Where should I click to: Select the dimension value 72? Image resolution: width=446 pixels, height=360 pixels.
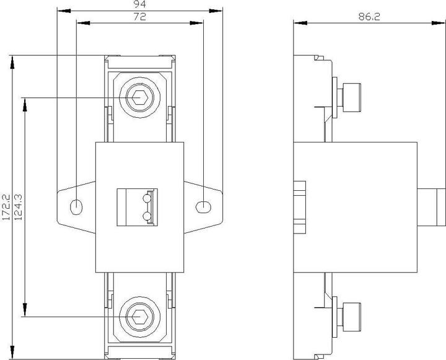[139, 18]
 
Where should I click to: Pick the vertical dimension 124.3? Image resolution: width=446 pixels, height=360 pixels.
[19, 206]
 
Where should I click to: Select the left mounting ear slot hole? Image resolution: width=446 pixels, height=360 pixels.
[76, 206]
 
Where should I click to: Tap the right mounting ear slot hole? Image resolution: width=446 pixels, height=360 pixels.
[203, 206]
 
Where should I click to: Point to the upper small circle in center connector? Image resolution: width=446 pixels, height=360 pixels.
[147, 199]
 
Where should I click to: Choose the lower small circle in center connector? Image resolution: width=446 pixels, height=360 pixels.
[147, 216]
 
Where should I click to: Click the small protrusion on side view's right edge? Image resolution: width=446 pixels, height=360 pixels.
[431, 207]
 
